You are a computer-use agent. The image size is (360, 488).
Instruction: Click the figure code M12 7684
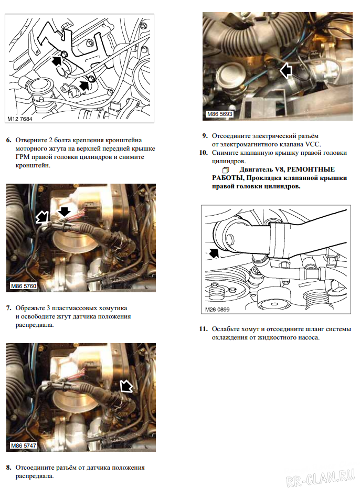(x=20, y=119)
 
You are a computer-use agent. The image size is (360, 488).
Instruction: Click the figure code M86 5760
(x=24, y=287)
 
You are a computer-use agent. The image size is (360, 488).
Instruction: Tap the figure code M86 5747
(x=24, y=445)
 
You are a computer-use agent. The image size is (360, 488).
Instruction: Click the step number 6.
(x=8, y=141)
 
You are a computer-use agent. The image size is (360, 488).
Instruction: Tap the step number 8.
(x=8, y=467)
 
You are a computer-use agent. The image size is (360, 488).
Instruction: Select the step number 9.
(x=205, y=136)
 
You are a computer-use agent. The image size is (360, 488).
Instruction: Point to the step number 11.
(x=204, y=329)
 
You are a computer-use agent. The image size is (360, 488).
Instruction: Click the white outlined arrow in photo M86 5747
(x=126, y=387)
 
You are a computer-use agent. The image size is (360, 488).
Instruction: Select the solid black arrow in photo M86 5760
(x=63, y=212)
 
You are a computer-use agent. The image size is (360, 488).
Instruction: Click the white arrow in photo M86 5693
(x=286, y=70)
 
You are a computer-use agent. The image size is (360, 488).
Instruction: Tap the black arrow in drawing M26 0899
(x=214, y=254)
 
